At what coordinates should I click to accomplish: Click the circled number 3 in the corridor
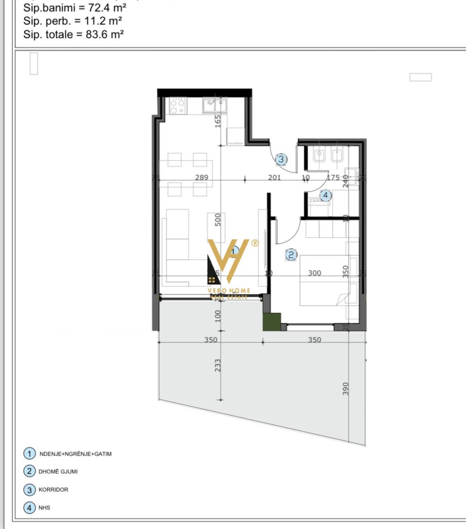click(281, 159)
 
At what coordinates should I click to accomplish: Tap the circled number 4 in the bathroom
click(326, 195)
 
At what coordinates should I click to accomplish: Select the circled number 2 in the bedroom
click(291, 255)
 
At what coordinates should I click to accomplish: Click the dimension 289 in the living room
click(202, 178)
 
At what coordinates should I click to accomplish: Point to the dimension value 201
click(274, 178)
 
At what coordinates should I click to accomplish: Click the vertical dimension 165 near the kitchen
click(218, 121)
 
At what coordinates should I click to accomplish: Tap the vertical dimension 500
click(218, 220)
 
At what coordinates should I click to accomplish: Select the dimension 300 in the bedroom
click(315, 273)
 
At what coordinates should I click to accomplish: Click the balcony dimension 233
click(218, 365)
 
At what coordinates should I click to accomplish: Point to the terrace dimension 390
click(346, 389)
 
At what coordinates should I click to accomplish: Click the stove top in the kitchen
click(177, 106)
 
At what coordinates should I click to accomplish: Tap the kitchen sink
click(215, 106)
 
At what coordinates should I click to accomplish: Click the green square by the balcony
click(272, 322)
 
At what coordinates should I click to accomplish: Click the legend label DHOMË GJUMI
click(58, 472)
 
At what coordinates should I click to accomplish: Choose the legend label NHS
click(44, 508)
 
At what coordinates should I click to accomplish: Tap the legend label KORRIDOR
click(53, 489)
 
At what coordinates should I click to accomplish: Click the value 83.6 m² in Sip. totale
click(105, 34)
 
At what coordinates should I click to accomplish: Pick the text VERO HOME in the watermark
click(229, 290)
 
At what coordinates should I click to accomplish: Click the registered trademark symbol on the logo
click(255, 243)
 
